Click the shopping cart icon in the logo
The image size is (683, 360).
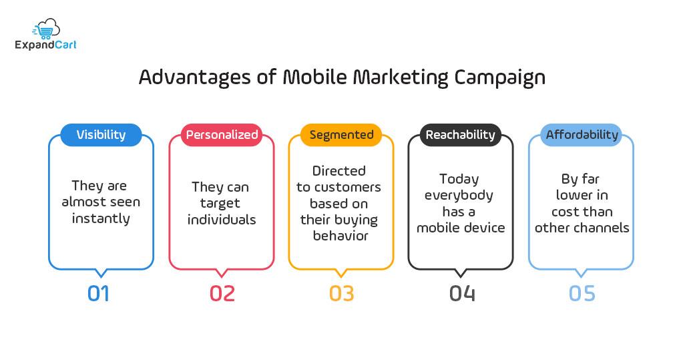click(x=45, y=28)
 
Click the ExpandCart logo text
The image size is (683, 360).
click(x=45, y=45)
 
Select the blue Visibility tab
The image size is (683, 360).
click(x=101, y=135)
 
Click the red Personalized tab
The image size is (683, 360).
click(x=222, y=135)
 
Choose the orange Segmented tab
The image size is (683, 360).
click(x=341, y=135)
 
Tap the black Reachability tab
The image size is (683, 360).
click(x=461, y=135)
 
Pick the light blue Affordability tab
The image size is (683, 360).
click(x=582, y=135)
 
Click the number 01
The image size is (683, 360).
click(x=98, y=294)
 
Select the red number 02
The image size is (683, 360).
click(x=222, y=294)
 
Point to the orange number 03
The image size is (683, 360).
click(x=342, y=294)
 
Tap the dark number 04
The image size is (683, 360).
click(x=462, y=294)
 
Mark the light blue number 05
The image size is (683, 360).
click(x=582, y=294)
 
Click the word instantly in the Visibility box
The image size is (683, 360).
click(x=101, y=218)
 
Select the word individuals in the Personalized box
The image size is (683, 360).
click(x=222, y=219)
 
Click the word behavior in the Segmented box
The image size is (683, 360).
click(x=341, y=235)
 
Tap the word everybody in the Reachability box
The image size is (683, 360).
click(x=459, y=195)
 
